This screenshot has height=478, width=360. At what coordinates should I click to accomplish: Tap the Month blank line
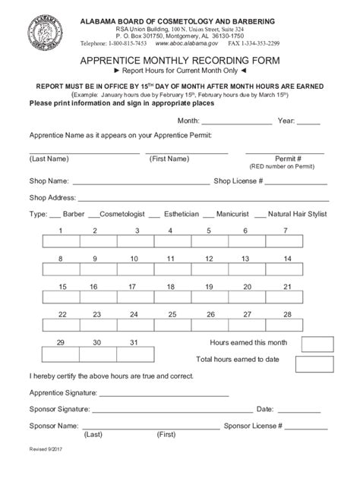pyautogui.click(x=236, y=121)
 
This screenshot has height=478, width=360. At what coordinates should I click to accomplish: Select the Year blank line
pyautogui.click(x=308, y=121)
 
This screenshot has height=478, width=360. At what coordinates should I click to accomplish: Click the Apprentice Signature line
pyautogui.click(x=163, y=395)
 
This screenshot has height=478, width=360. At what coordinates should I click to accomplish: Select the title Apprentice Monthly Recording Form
pyautogui.click(x=181, y=61)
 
